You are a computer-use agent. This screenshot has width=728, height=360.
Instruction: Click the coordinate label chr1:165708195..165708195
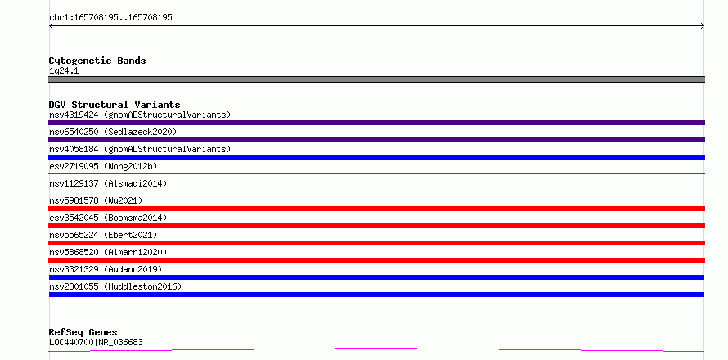(x=110, y=18)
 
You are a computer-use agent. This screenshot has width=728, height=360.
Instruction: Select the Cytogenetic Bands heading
(x=97, y=61)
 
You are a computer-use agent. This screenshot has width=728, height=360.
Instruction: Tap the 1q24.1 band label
(x=64, y=71)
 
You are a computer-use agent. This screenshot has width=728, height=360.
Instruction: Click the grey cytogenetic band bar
(x=376, y=79)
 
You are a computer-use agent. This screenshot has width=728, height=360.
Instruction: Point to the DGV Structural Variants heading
(x=115, y=105)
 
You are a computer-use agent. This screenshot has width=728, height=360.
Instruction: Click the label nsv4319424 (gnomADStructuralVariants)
(x=140, y=115)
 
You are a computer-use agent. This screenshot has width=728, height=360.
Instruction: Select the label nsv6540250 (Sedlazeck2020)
(x=113, y=132)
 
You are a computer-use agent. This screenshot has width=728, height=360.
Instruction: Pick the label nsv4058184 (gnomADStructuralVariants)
(x=140, y=149)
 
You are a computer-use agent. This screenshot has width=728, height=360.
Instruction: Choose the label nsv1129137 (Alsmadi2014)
(x=108, y=183)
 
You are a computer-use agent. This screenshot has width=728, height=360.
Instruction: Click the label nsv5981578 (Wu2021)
(x=96, y=200)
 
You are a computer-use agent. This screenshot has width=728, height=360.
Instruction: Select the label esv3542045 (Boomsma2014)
(x=108, y=218)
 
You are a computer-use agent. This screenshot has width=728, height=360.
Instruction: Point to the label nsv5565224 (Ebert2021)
(x=103, y=235)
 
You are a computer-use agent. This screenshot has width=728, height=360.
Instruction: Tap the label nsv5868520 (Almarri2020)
(x=108, y=252)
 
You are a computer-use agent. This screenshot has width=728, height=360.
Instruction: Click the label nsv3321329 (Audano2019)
(x=106, y=269)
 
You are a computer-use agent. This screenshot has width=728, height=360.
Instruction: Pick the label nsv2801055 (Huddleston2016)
(x=115, y=286)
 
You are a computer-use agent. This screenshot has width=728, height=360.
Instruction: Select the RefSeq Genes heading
(x=83, y=332)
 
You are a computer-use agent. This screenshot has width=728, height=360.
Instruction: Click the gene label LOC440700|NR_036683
(x=96, y=342)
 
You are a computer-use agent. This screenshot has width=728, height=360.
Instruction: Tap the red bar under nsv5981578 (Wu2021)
(x=376, y=209)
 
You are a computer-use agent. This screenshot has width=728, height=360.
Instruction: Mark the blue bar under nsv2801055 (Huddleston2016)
(x=376, y=295)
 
